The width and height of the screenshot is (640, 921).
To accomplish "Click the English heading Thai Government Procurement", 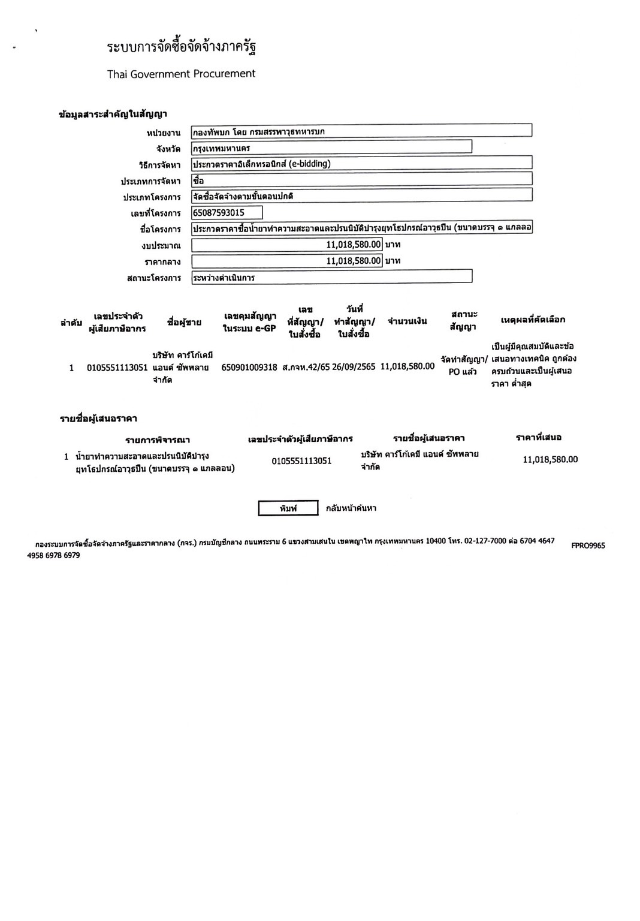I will tap(181, 74).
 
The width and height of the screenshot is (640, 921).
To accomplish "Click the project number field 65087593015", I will tap(227, 213).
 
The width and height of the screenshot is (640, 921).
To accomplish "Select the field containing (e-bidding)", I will tap(361, 163).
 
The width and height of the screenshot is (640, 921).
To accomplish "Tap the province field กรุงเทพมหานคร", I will tap(331, 147).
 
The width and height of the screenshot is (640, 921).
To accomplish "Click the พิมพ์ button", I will tap(288, 508).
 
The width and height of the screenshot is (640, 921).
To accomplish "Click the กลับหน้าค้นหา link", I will tap(351, 508).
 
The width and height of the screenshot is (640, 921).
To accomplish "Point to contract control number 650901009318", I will tap(249, 367).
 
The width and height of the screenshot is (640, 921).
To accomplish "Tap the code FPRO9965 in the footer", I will tap(588, 546).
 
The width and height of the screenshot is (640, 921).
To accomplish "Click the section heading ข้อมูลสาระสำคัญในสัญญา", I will tap(113, 114).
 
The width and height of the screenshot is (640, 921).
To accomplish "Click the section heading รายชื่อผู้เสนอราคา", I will tap(98, 419).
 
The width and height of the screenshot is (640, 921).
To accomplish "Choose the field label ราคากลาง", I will tap(162, 262).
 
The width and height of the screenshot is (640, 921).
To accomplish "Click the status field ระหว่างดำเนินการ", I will tap(331, 277).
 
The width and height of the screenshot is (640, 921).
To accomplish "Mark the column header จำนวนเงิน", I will tap(407, 321).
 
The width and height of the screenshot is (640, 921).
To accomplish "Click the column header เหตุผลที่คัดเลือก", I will tap(533, 320).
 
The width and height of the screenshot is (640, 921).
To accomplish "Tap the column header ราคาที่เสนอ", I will tap(539, 438).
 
